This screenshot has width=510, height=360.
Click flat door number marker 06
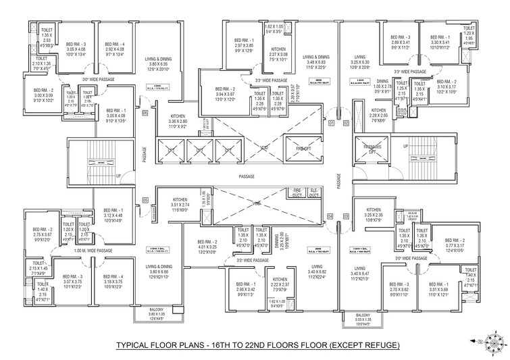pos(145,112)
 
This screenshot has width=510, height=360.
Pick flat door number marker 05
pos(145,200)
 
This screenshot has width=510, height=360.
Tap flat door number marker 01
pos(331,124)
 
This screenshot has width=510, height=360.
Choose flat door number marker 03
pos(347,216)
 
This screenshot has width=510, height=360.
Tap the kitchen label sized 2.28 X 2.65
pos(378,115)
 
